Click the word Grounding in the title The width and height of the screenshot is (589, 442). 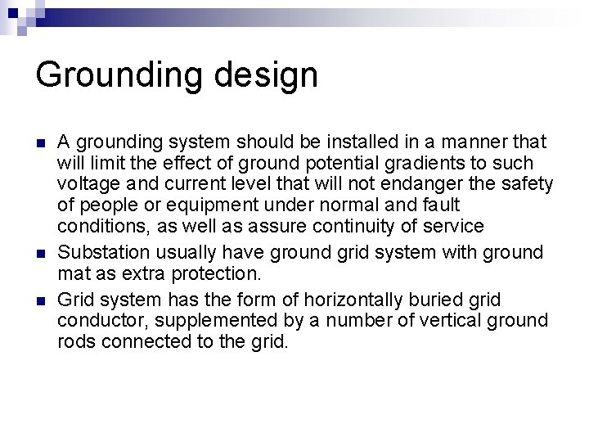[x=115, y=75]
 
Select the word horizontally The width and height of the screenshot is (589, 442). [x=342, y=300]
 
